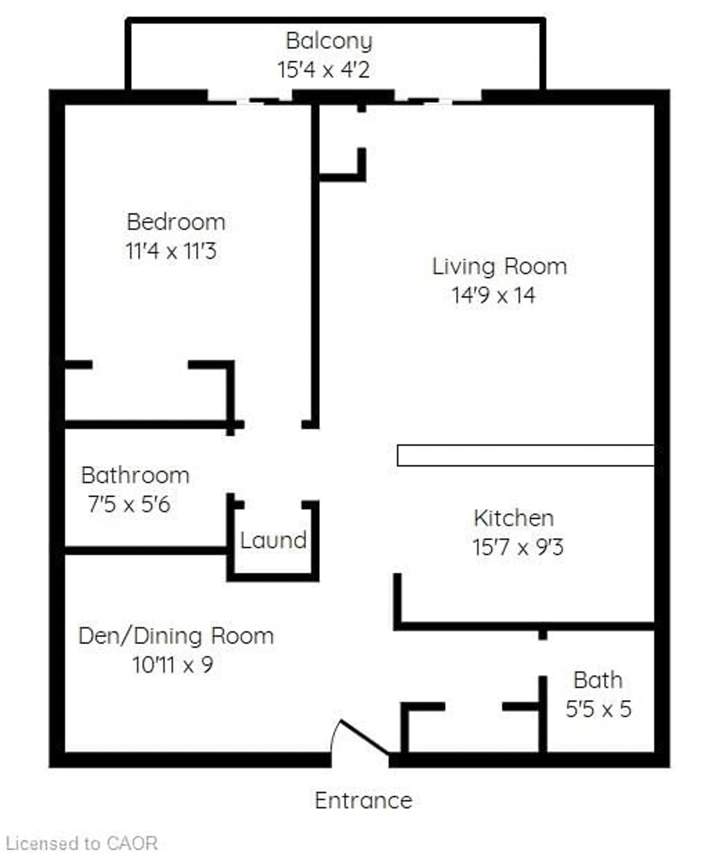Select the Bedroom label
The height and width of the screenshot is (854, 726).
pyautogui.click(x=176, y=223)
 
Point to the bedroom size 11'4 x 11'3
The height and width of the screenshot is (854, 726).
pyautogui.click(x=171, y=251)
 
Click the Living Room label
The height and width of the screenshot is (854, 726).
pyautogui.click(x=499, y=267)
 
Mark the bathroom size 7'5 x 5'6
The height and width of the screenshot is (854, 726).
pyautogui.click(x=129, y=504)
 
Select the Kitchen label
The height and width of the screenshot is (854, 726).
pyautogui.click(x=514, y=518)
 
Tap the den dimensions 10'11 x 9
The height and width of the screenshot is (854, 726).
pyautogui.click(x=172, y=665)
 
